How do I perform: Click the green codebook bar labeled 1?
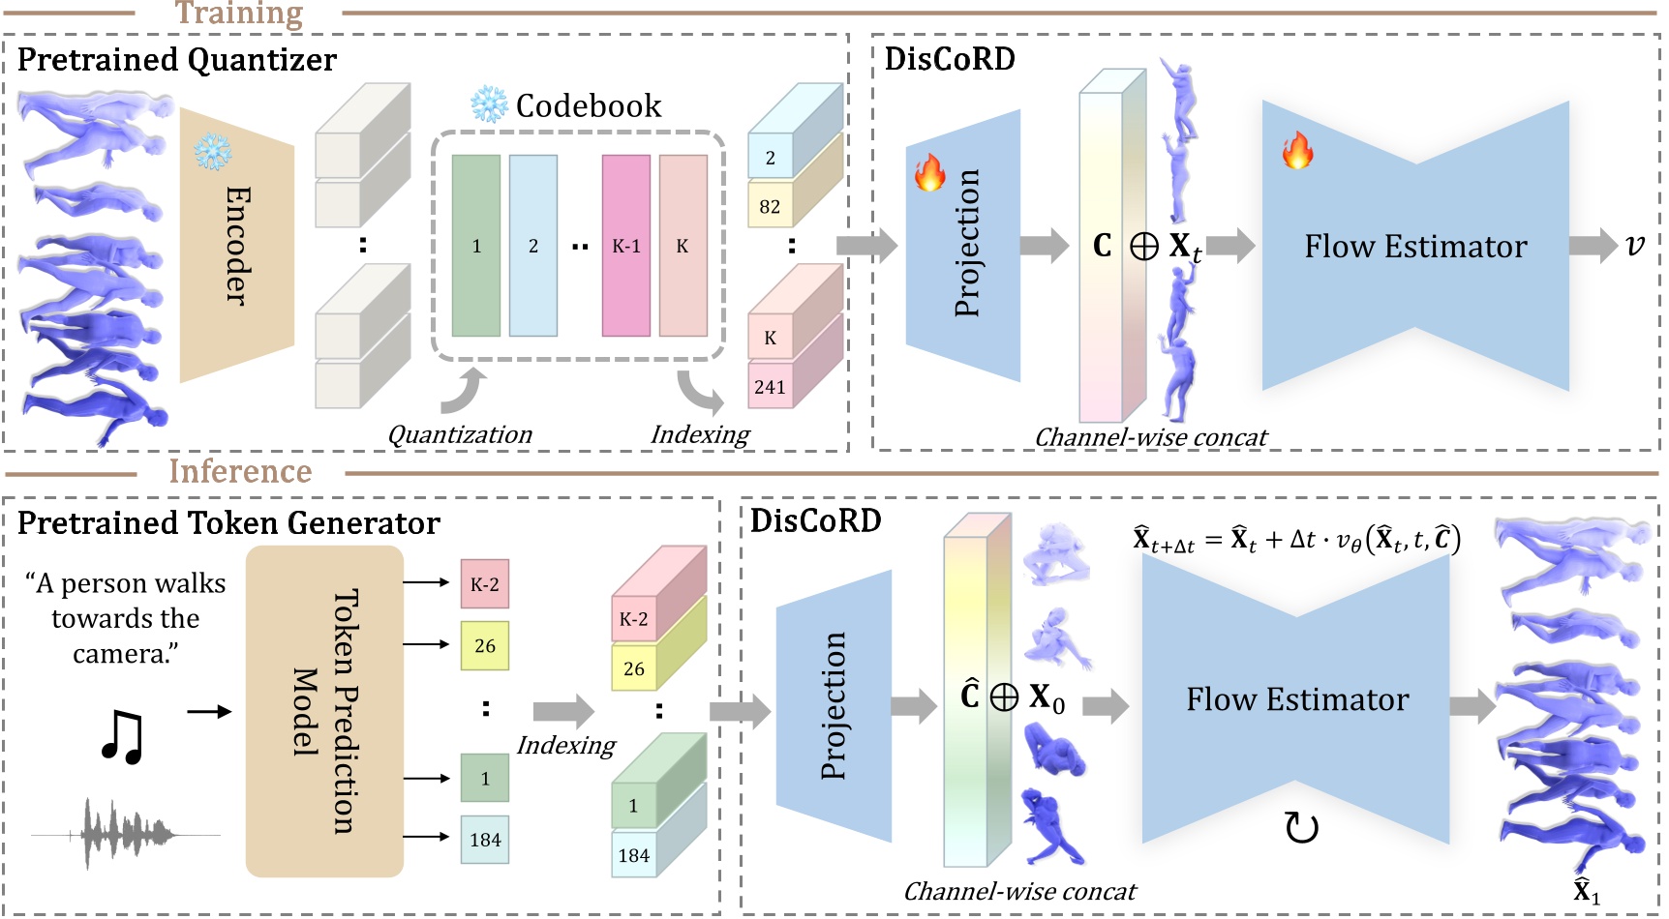coord(475,246)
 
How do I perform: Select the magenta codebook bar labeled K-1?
coord(625,246)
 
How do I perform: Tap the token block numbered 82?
coord(770,206)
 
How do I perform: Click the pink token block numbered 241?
coord(770,387)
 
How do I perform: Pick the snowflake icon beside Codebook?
coord(489,104)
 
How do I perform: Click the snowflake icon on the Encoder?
coord(212,151)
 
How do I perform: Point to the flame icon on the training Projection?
coord(929,172)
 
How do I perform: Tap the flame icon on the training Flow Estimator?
coord(1297,151)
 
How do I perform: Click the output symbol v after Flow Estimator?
coord(1634,246)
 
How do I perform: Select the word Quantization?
coord(460,435)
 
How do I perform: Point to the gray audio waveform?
coord(126,833)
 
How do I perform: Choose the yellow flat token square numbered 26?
coord(484,645)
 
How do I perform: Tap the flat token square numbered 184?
coord(484,840)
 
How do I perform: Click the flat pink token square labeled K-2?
coord(484,584)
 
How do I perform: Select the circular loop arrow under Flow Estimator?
coord(1301,828)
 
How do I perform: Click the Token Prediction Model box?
coord(324,711)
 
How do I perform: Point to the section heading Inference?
coord(240,471)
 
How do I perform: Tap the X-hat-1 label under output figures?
coord(1586,891)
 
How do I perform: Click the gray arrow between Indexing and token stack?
coord(563,712)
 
